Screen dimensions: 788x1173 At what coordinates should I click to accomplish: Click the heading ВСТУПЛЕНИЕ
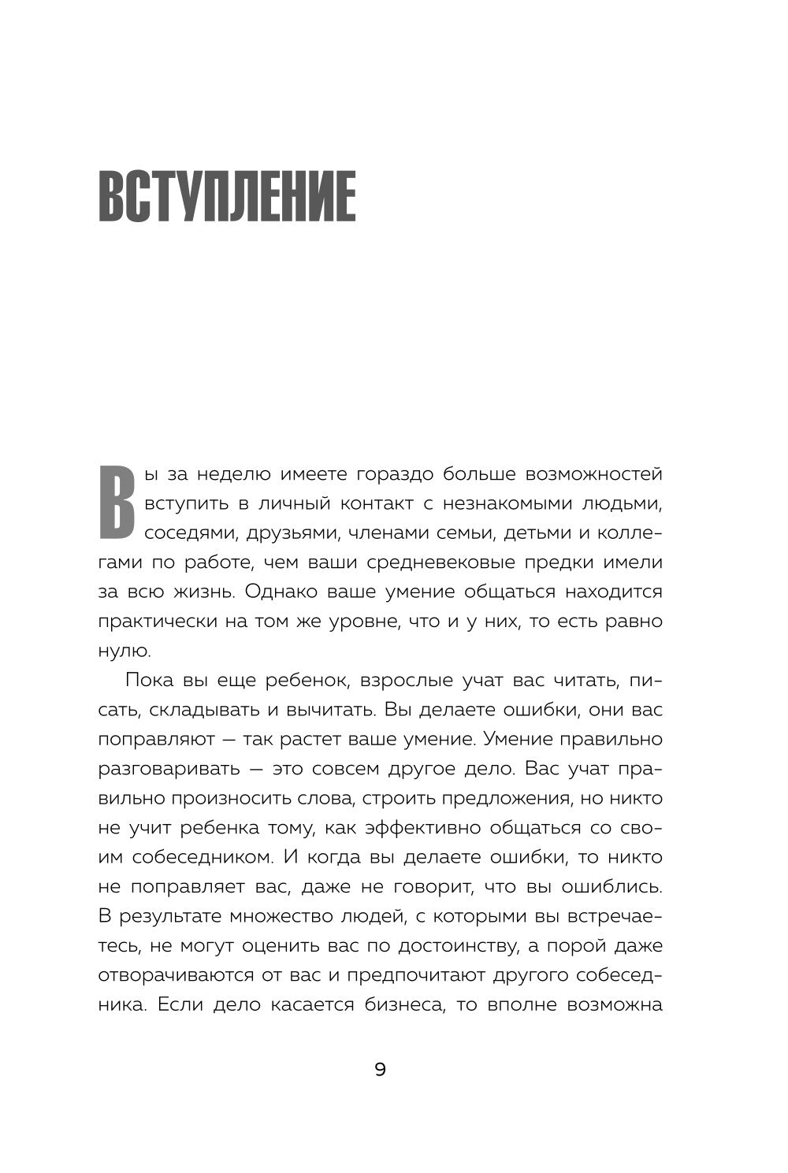[227, 195]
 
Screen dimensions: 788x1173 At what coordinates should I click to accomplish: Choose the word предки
[569, 562]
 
